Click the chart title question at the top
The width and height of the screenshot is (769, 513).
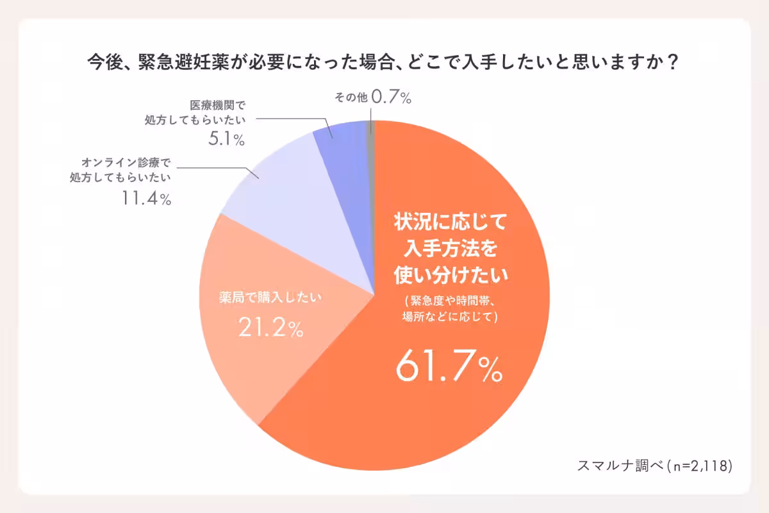tap(383, 64)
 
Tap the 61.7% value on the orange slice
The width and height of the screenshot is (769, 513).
tap(449, 367)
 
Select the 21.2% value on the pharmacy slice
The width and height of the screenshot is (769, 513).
tap(270, 328)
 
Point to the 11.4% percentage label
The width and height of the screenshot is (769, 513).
tap(146, 199)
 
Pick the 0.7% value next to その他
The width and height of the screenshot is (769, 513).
tap(390, 98)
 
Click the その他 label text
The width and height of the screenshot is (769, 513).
tap(351, 98)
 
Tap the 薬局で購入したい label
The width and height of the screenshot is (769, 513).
tap(270, 298)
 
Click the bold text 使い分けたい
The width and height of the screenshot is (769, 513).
tap(450, 274)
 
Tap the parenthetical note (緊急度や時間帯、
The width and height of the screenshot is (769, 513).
tap(450, 301)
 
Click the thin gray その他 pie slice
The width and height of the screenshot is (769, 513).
tap(371, 128)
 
